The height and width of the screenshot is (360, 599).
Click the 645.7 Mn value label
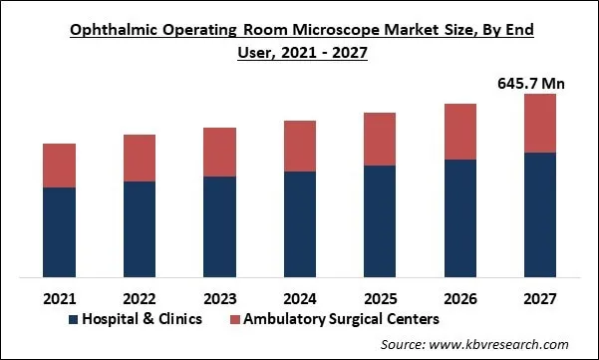coord(531,84)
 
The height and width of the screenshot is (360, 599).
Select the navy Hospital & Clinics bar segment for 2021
coord(60,231)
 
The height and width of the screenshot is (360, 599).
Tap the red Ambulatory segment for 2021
coord(60,166)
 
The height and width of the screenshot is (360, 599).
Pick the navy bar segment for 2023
coord(219,226)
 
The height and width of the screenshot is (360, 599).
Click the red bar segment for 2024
coord(300,146)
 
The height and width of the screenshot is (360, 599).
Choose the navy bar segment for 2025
coord(380,220)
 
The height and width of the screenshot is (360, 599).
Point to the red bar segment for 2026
coord(460,132)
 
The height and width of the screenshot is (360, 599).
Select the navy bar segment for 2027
coord(540,214)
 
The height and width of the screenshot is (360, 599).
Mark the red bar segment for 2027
coord(540,123)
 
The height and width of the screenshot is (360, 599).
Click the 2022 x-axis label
coord(140,297)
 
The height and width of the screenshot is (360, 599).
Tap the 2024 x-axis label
coord(300,297)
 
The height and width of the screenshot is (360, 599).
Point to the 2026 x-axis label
coord(460,297)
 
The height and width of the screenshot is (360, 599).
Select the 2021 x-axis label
coord(60,297)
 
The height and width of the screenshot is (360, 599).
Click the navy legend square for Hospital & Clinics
coord(73,319)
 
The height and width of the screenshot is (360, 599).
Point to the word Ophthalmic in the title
coord(110,30)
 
